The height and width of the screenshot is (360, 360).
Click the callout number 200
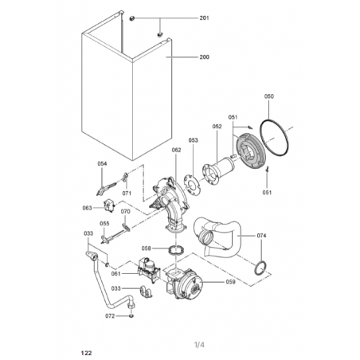[204, 57]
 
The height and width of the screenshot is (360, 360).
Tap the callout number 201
[204, 18]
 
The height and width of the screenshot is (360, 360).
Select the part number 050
[269, 96]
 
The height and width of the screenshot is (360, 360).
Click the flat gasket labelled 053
[193, 185]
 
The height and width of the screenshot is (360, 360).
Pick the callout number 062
[176, 150]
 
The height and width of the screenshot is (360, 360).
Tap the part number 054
[102, 163]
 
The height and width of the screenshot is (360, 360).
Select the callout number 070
[126, 212]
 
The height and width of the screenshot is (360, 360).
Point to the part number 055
[104, 224]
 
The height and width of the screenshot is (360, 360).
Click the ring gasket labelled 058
[176, 250]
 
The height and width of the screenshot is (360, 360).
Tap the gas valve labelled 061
[149, 269]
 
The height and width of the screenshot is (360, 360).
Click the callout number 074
[261, 236]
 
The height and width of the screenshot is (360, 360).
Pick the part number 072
[110, 316]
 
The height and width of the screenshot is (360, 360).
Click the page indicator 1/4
[199, 345]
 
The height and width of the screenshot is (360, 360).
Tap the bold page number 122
[87, 353]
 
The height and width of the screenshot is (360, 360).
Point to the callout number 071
[127, 194]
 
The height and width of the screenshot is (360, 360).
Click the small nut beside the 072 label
[131, 316]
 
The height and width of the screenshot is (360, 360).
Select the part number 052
[217, 127]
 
